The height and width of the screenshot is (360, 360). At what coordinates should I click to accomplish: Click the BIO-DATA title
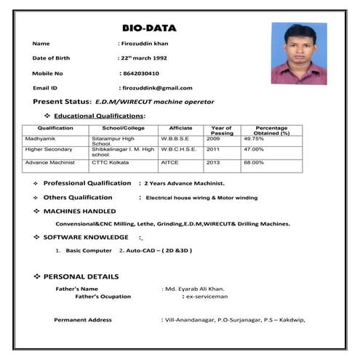[x=149, y=28]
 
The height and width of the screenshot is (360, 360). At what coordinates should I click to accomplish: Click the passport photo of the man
[x=298, y=53]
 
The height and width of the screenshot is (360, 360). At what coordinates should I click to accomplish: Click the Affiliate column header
[x=180, y=128]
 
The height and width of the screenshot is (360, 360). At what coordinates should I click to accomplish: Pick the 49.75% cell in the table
[x=254, y=138]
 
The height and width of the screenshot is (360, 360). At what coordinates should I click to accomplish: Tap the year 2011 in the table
[x=213, y=149]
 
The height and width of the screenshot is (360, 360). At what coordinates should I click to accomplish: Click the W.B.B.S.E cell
[x=175, y=138]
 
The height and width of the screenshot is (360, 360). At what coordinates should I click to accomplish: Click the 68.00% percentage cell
[x=254, y=162]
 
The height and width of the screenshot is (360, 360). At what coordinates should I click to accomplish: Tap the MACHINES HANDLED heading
[x=79, y=211]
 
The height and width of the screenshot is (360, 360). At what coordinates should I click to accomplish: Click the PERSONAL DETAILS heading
[x=81, y=277]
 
